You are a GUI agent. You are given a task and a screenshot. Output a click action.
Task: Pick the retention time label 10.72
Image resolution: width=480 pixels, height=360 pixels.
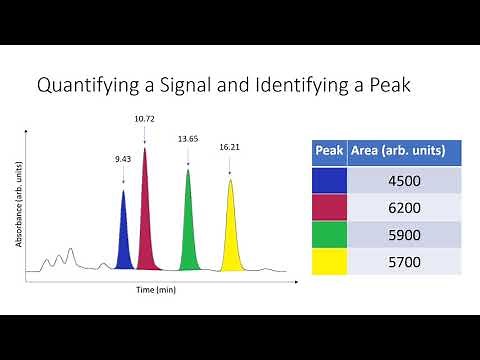pos(145,119)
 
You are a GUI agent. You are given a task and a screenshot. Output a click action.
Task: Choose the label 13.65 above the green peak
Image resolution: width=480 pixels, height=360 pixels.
pos(187,139)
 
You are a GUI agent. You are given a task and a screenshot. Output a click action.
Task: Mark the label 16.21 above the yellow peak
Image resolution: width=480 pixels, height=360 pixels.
pos(230,147)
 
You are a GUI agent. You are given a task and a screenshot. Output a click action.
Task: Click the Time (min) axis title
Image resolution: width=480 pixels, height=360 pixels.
pos(156,289)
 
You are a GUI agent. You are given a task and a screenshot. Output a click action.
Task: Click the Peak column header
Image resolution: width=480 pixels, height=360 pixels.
pos(330,152)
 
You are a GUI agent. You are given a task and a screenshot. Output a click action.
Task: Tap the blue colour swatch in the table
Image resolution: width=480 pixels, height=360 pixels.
pos(330,181)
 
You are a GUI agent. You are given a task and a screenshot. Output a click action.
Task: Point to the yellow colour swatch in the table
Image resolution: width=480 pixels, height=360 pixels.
pos(330,262)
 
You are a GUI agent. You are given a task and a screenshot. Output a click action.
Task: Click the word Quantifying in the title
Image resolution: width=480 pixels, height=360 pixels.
pos(84,86)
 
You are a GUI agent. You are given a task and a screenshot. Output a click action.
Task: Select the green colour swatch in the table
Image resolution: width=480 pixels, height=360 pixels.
pos(330,235)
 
